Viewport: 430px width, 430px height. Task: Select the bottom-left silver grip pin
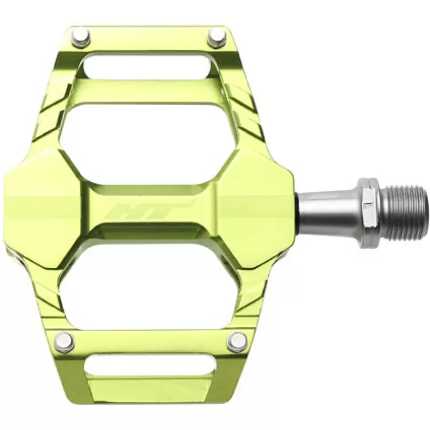(x=64, y=340)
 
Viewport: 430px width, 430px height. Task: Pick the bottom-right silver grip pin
(x=238, y=341)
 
